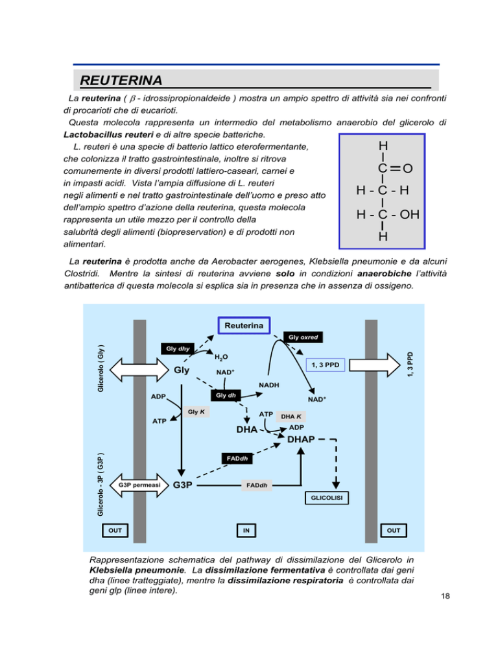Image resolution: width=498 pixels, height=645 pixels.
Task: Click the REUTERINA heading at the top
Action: (121, 80)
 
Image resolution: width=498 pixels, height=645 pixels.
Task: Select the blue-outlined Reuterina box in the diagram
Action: (244, 325)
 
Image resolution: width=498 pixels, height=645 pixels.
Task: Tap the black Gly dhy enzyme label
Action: (178, 348)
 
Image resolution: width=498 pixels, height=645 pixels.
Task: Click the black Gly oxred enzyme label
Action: (303, 337)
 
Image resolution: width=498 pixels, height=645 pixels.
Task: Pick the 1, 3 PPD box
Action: (326, 365)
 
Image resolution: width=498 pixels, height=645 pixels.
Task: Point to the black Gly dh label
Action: (226, 395)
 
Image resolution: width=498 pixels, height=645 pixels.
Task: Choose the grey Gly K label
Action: (196, 412)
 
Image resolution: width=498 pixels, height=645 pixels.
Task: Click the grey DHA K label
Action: (290, 417)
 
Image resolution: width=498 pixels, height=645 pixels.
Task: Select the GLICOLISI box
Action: (327, 498)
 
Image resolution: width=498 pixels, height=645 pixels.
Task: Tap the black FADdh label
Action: (237, 458)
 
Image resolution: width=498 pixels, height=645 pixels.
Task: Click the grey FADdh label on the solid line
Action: (257, 485)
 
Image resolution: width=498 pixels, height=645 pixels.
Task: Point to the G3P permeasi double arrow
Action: (139, 485)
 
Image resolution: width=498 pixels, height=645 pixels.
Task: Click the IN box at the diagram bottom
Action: (246, 530)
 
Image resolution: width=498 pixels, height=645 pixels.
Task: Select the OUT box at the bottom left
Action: (115, 530)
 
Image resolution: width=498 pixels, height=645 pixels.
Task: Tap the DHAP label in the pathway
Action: (301, 439)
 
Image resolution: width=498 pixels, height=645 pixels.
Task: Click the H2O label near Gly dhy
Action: (221, 357)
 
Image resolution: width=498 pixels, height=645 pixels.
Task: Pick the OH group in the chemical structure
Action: (409, 214)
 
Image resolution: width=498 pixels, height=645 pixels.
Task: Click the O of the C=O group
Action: (407, 168)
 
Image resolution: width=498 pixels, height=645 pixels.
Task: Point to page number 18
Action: (445, 596)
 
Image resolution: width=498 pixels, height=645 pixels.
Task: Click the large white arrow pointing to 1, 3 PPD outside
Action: (375, 365)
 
